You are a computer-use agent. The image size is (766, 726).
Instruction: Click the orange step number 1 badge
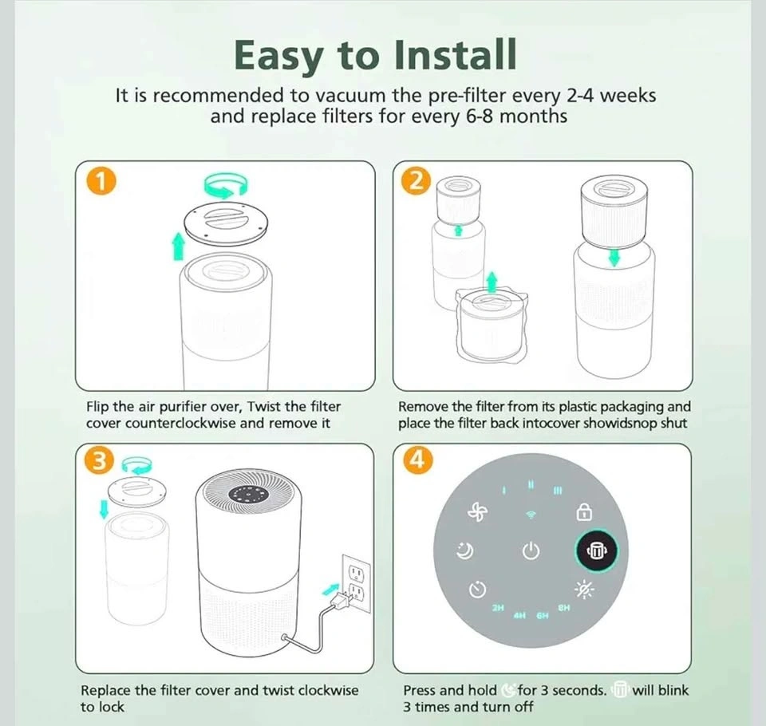pos(101,181)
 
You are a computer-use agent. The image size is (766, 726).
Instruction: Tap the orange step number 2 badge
pos(417,181)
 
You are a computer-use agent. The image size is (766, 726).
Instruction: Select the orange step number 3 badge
pos(99,461)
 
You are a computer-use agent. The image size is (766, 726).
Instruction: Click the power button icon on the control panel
pos(531,550)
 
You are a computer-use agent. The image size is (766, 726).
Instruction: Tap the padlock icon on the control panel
pos(584,512)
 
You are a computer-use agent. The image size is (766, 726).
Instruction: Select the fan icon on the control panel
pos(477,512)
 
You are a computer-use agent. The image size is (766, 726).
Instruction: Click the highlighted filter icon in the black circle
pos(595,550)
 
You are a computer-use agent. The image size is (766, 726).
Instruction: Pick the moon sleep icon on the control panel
pos(464,551)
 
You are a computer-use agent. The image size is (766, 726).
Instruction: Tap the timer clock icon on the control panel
pos(477,589)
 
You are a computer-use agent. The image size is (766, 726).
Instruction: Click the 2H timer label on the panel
pos(498,608)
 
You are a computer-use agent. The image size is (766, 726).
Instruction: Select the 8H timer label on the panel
pos(564,608)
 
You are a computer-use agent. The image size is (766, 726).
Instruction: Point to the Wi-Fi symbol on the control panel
pos(531,515)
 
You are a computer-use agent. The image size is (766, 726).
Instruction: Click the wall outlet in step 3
pos(356,583)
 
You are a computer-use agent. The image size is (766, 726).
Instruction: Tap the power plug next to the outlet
pos(341,599)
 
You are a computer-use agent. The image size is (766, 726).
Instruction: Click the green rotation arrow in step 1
pos(226,185)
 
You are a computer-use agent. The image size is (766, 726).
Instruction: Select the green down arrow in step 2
pos(614,258)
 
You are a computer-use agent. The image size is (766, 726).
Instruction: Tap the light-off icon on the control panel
pos(583,590)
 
